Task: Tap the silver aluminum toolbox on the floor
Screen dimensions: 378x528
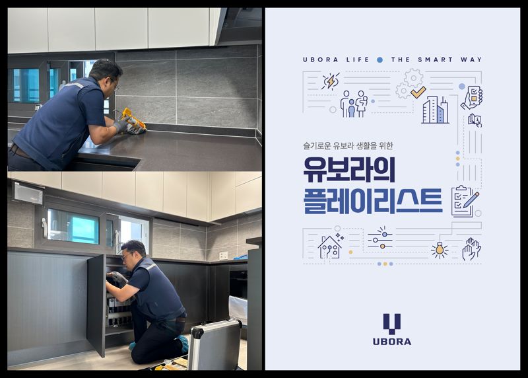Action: point(215,345)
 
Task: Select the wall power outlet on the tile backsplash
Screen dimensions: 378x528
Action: point(224,255)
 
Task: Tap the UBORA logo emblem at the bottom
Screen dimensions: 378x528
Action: point(392,324)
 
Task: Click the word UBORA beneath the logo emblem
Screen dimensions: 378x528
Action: point(392,342)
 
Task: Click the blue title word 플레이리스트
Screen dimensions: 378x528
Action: point(373,200)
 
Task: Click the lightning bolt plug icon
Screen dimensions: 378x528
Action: point(330,81)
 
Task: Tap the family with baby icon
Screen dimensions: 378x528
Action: point(354,104)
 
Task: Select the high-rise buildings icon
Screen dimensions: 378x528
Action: point(435,109)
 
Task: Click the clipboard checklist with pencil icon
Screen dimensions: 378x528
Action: point(465,200)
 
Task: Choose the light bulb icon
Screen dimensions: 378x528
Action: point(439,249)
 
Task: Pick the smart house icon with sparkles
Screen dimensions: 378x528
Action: point(329,246)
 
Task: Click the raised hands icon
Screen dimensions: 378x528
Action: point(471,248)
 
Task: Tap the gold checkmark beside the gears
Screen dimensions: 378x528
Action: point(418,92)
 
